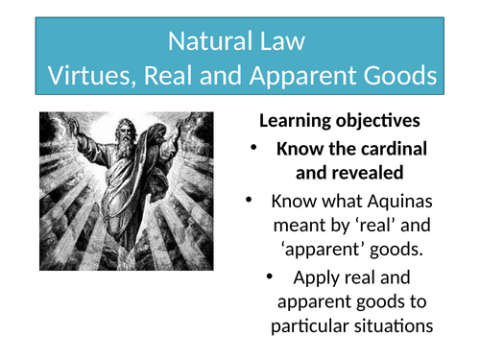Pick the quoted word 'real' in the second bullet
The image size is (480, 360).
click(x=375, y=228)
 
